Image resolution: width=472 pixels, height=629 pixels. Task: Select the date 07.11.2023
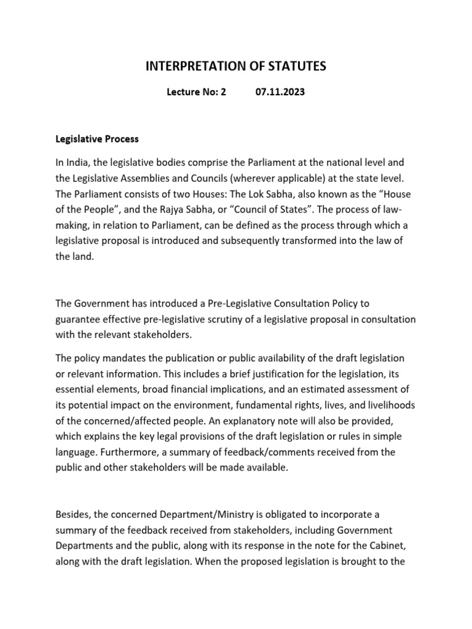pyautogui.click(x=280, y=93)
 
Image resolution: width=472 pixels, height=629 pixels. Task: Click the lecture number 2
pyautogui.click(x=223, y=93)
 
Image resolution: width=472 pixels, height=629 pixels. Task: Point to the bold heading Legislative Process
pyautogui.click(x=97, y=139)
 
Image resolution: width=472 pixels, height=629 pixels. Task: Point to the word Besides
pyautogui.click(x=71, y=514)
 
